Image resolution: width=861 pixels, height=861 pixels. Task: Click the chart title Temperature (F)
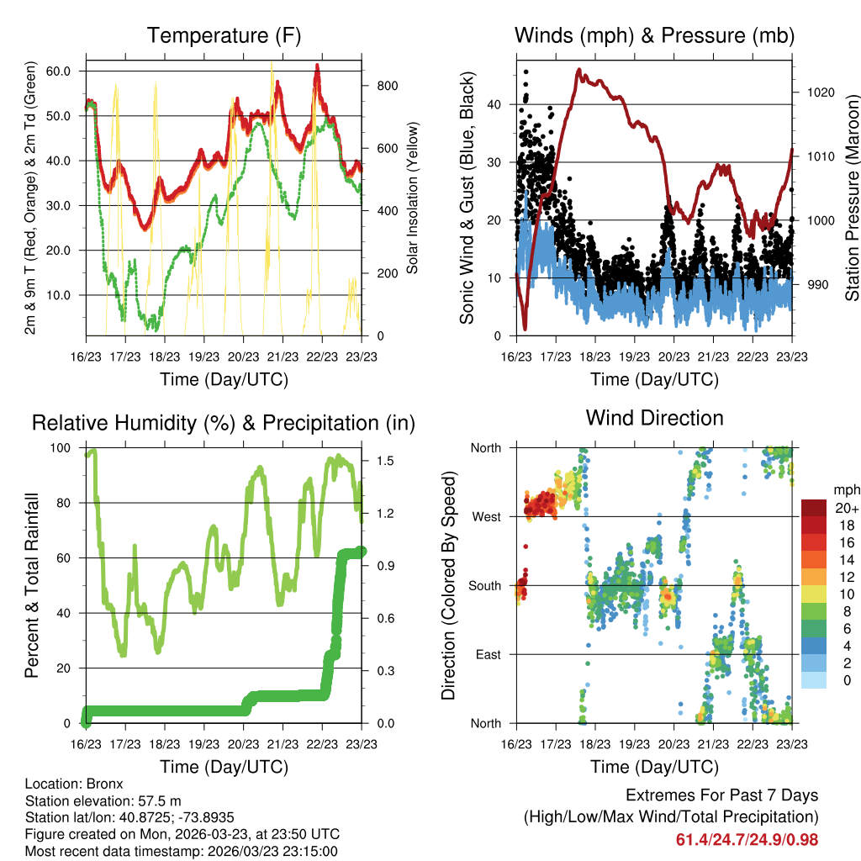coord(224,35)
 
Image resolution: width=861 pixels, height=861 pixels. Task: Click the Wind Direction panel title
coord(654,418)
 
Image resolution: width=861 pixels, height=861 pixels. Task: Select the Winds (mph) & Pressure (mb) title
coord(654,35)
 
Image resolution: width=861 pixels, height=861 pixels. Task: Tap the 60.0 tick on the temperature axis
coord(57,71)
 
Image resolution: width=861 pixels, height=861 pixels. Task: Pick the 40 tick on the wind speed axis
coord(496,104)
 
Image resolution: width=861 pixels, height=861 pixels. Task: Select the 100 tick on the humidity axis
coord(64,447)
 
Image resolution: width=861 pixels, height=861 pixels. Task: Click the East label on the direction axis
coord(487,654)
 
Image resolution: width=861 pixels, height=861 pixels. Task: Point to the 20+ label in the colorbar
coord(845,509)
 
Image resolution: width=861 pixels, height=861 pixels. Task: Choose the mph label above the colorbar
coord(845,489)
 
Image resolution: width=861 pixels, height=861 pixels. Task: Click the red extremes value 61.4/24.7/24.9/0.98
coord(747,840)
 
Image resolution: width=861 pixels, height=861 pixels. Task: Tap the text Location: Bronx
coord(74,784)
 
